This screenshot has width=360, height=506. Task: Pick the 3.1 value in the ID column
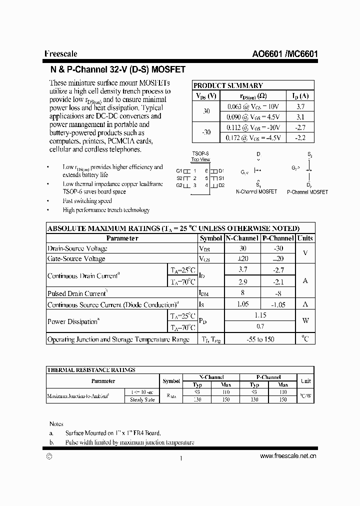(x=300, y=116)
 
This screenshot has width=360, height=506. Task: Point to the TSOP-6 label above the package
(x=201, y=153)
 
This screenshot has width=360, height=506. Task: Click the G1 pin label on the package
(x=179, y=170)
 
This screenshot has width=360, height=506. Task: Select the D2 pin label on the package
(x=221, y=185)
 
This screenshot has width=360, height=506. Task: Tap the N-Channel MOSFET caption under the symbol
(x=256, y=192)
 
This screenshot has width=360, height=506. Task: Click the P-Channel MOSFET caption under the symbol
(x=307, y=192)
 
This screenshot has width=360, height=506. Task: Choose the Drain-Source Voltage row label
(x=77, y=248)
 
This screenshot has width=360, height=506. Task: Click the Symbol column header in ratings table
(x=210, y=238)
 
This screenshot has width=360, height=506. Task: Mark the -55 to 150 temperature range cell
(x=259, y=339)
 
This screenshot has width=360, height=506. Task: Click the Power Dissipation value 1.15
(x=259, y=315)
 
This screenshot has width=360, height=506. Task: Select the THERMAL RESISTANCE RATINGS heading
(x=90, y=370)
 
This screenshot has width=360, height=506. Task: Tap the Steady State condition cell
(x=143, y=399)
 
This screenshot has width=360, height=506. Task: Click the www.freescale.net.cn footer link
(x=288, y=455)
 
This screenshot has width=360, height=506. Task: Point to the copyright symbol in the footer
(x=48, y=456)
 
